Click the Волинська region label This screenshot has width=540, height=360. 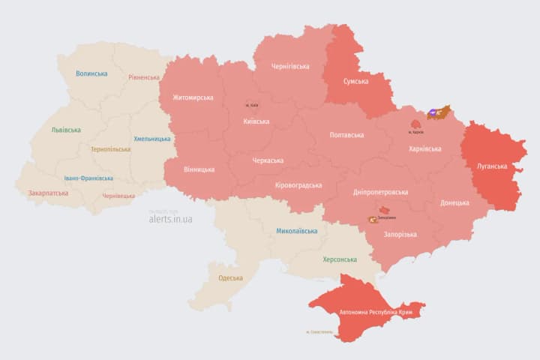point(91,73)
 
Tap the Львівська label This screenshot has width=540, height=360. point(66,130)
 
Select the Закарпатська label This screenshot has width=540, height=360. point(48,193)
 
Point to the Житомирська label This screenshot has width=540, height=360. point(193,97)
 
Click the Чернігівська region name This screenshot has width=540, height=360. point(290,66)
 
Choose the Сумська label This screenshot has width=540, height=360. point(355,81)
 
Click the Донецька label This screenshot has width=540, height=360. point(454,202)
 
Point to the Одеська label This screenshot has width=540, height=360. point(230,278)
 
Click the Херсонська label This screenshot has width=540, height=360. point(340,259)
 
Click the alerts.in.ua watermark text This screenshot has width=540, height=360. point(170,219)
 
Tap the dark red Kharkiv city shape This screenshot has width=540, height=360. point(415,124)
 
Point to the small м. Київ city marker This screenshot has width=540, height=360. point(250,106)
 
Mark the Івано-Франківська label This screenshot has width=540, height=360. point(88,178)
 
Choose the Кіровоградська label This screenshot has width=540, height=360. point(298,185)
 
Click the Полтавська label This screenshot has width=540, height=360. point(346,135)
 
